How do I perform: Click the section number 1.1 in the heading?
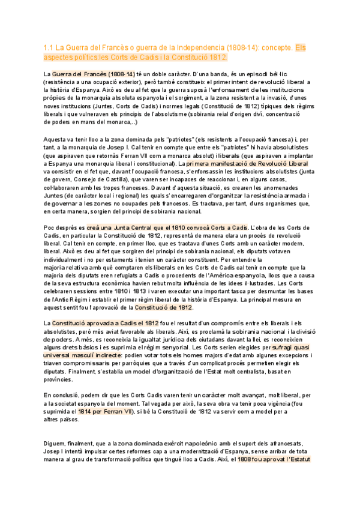(x=50, y=46)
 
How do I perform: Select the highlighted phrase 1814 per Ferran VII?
(x=104, y=412)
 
